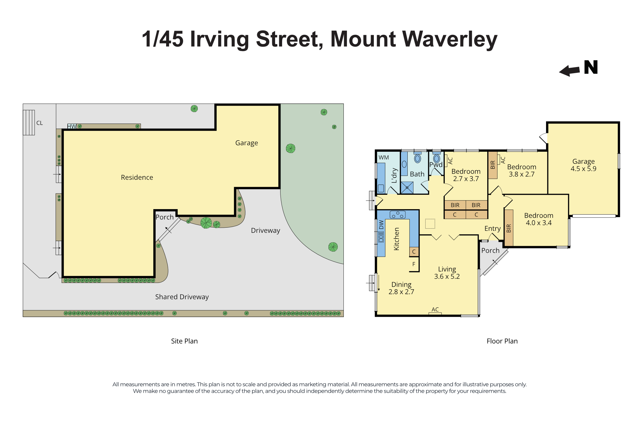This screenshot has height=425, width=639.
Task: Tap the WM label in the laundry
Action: pos(384,157)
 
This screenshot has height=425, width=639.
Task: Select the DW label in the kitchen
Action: pos(381,225)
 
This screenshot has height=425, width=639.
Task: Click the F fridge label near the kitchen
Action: pos(414,264)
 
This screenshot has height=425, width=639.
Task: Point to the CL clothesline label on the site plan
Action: pos(40,123)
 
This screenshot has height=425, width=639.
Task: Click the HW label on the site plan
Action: pos(72,126)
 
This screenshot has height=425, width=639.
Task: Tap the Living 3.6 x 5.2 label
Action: pos(447,273)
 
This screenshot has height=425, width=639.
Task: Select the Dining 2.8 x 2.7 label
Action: pos(401,288)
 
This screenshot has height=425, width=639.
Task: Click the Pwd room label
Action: pos(436,165)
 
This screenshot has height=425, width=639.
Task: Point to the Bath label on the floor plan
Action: pos(417,174)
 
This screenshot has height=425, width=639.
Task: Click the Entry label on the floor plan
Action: pos(492,229)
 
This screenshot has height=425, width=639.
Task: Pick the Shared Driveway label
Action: pos(182,297)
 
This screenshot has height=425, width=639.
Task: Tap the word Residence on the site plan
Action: pos(137,178)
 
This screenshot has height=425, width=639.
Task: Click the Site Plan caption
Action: pos(184,341)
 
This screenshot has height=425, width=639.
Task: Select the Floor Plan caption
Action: pos(502,341)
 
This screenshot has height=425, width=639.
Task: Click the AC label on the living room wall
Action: pos(435,309)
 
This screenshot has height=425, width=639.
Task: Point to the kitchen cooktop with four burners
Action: pos(398,215)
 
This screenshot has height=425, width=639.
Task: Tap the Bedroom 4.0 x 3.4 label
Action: pos(539,219)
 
